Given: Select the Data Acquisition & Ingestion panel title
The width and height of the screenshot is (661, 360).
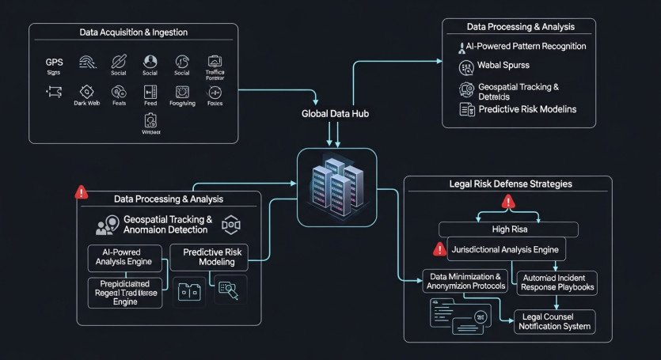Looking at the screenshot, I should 132,32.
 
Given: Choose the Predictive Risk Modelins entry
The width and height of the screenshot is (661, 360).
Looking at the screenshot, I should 526,108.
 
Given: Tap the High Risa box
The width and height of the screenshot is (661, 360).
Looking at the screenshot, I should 508,229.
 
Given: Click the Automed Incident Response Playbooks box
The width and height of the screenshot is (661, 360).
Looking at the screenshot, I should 557,283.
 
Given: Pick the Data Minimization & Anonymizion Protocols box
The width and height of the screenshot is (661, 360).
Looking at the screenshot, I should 465,281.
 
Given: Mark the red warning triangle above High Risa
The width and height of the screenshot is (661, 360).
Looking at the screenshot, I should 507,203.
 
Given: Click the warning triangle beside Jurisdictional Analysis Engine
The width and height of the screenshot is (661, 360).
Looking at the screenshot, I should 440,249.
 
